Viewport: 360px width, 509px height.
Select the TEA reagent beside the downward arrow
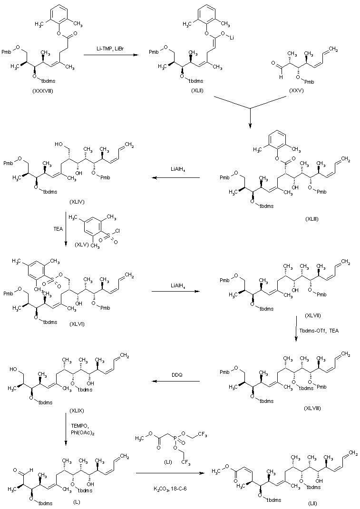click(x=58, y=228)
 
